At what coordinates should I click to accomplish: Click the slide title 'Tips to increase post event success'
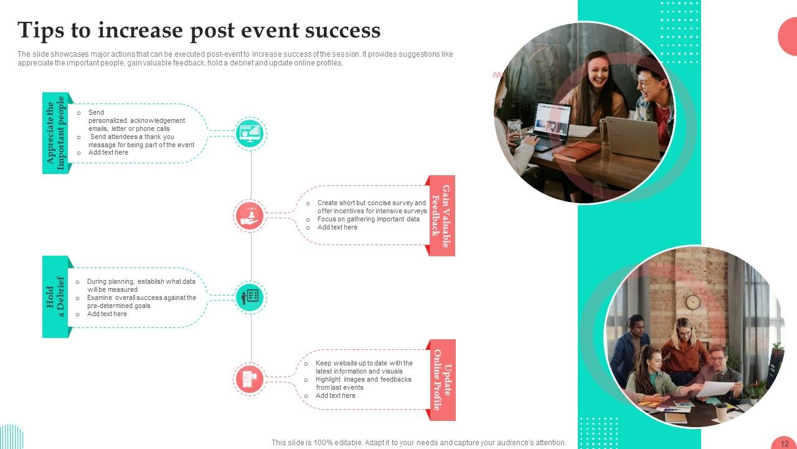click(x=199, y=30)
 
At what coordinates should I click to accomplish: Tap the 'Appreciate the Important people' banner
click(x=55, y=133)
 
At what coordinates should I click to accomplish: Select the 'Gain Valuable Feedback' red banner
click(x=441, y=216)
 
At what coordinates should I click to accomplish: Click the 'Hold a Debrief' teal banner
click(x=55, y=297)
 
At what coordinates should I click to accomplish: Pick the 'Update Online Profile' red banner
click(x=441, y=379)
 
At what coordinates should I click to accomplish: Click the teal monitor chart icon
click(x=250, y=133)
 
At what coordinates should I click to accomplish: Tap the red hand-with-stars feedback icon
click(x=250, y=216)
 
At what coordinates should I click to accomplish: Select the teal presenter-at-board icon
click(x=250, y=297)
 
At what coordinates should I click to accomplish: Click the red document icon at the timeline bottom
click(x=250, y=379)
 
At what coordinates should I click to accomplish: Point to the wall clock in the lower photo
click(x=692, y=302)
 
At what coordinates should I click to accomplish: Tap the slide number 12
click(x=785, y=443)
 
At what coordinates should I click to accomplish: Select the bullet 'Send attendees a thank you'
click(x=132, y=137)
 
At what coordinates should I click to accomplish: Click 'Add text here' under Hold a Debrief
click(x=107, y=314)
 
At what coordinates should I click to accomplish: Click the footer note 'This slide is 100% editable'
click(x=418, y=443)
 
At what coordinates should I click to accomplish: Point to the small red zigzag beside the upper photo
click(x=498, y=75)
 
